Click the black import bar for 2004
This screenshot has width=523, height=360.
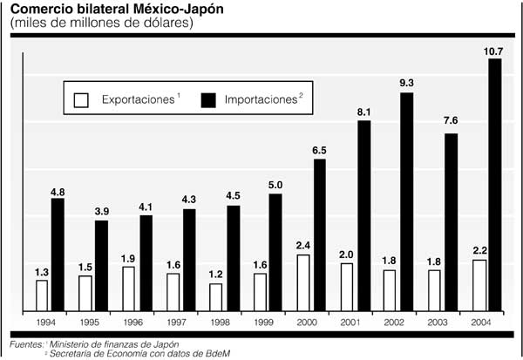click(495, 184)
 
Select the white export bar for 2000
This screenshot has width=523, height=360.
click(303, 282)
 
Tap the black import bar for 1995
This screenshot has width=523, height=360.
click(102, 265)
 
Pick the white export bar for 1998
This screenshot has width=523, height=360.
click(215, 296)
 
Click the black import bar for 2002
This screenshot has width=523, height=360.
click(407, 200)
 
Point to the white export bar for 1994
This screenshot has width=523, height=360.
click(41, 295)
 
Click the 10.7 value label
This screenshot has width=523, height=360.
click(493, 52)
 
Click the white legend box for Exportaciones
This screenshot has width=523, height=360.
click(81, 99)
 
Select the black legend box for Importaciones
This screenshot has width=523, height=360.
click(210, 99)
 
